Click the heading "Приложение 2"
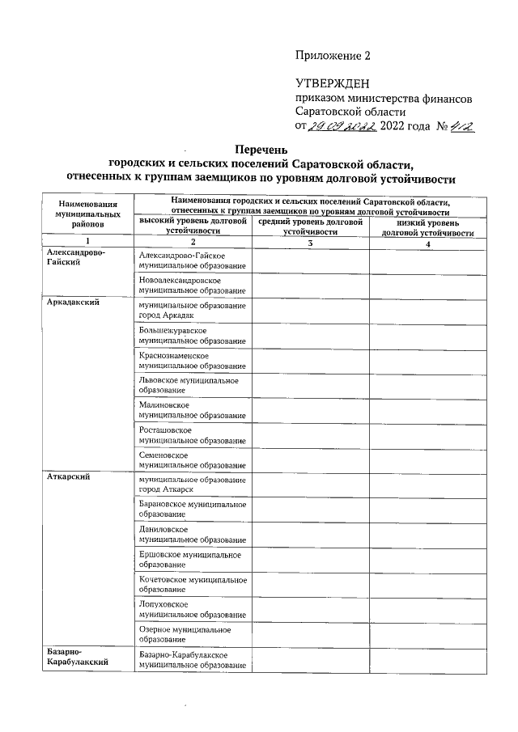click(x=333, y=56)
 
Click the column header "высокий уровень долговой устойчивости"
click(x=192, y=226)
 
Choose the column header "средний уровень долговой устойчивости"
click(x=310, y=226)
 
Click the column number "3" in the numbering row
click(x=310, y=243)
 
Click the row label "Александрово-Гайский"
click(x=76, y=258)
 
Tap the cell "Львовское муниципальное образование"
click(x=192, y=384)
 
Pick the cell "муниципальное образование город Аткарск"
click(x=192, y=483)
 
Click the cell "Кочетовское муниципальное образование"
click(x=192, y=584)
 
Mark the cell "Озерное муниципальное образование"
click(x=192, y=634)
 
